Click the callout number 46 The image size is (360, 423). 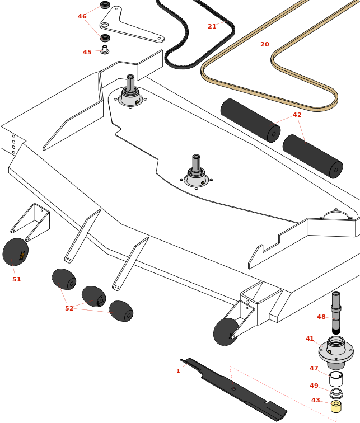pos(82,17)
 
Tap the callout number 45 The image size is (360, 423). pos(87,53)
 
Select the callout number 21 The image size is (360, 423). pos(212,27)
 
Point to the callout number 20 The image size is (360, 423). pos(265,45)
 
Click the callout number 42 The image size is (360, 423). pos(297,115)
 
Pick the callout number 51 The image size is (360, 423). pos(17,279)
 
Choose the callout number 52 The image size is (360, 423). pos(69,308)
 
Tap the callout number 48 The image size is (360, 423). pos(321,317)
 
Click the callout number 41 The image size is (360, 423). pos(310,339)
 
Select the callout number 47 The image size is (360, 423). pos(314,369)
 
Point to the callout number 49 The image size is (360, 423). pos(314,386)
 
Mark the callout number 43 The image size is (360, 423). pos(316,401)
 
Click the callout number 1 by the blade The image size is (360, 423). pos(178,371)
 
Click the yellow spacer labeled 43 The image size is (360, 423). pos(336,407)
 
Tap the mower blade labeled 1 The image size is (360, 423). pos(235,391)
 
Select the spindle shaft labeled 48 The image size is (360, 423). pos(335,313)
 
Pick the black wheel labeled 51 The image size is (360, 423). pos(15,252)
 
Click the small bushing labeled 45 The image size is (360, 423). pos(105,50)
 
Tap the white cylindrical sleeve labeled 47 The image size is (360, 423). pos(335,378)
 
